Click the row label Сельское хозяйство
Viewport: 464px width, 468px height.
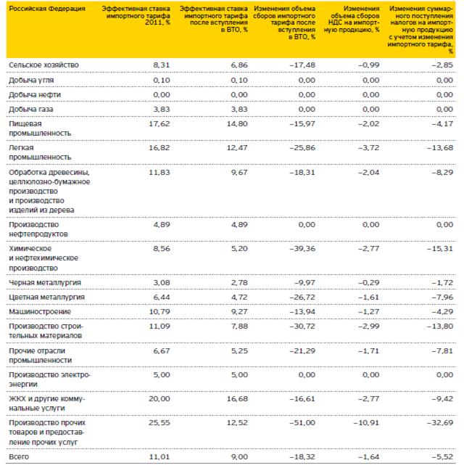[x=43, y=65]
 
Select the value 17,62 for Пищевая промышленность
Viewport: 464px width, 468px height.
[x=157, y=124]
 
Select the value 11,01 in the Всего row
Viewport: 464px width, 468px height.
[x=157, y=457]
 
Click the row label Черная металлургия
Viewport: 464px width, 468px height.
[x=44, y=282]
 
